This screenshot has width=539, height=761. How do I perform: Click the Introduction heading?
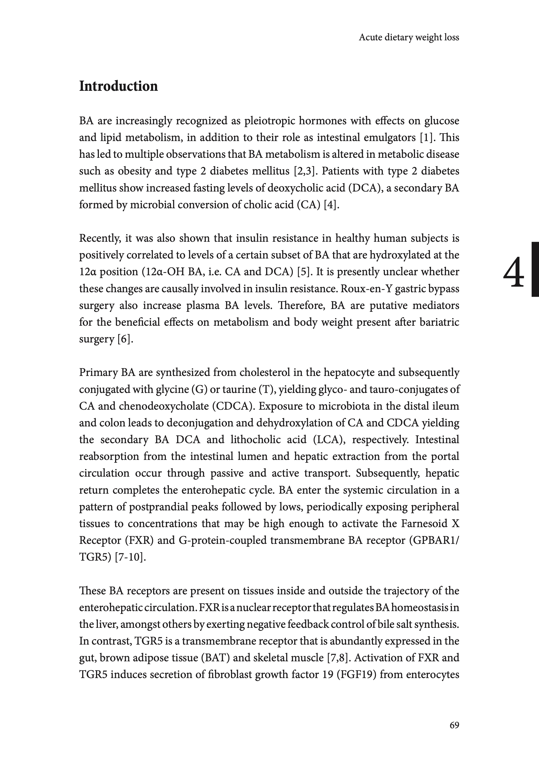click(118, 86)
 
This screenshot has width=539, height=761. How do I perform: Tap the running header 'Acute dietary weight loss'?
click(409, 37)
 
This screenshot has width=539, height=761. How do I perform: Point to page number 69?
click(454, 725)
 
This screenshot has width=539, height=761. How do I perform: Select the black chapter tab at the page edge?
click(535, 269)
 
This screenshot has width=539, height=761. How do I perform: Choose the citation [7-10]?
click(130, 557)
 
